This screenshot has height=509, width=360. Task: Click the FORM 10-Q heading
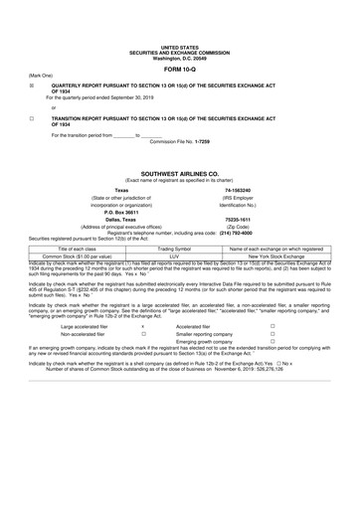click(179, 69)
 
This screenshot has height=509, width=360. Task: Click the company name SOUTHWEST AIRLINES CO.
click(179, 172)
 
